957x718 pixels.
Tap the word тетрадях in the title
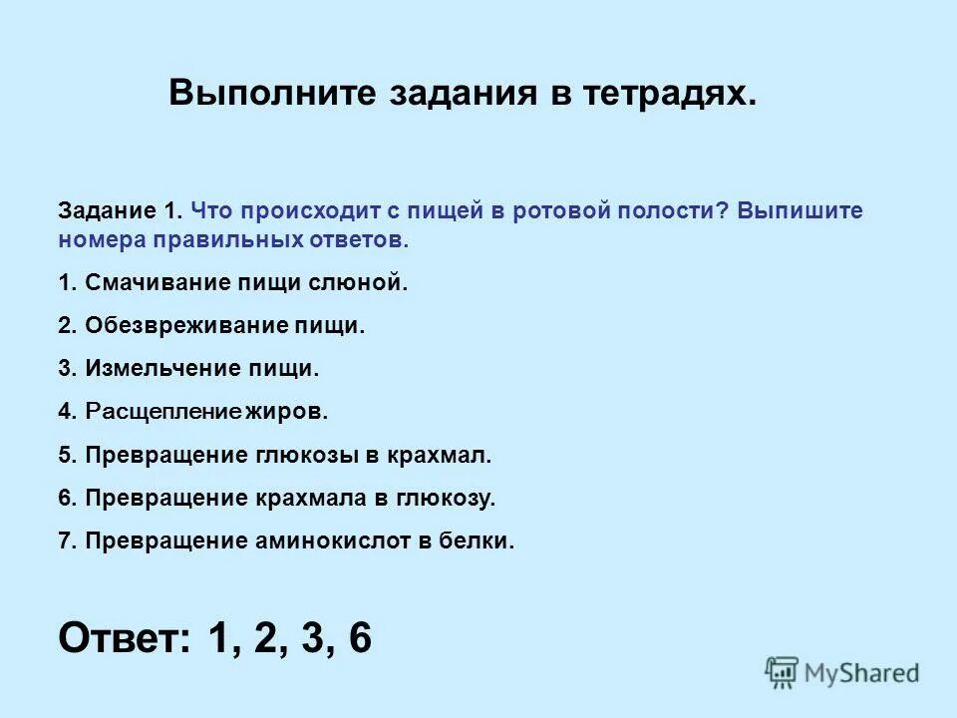(x=664, y=94)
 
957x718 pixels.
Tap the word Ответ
(x=124, y=637)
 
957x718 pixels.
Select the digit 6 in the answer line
(x=360, y=637)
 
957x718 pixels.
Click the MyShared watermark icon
(x=782, y=673)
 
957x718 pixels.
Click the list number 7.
(x=66, y=540)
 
